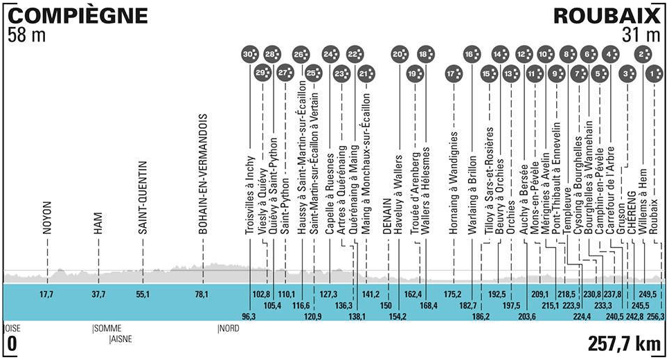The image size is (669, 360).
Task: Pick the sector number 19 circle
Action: click(413, 73)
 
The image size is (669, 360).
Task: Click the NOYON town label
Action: click(48, 219)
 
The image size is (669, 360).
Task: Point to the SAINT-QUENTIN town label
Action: click(141, 199)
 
